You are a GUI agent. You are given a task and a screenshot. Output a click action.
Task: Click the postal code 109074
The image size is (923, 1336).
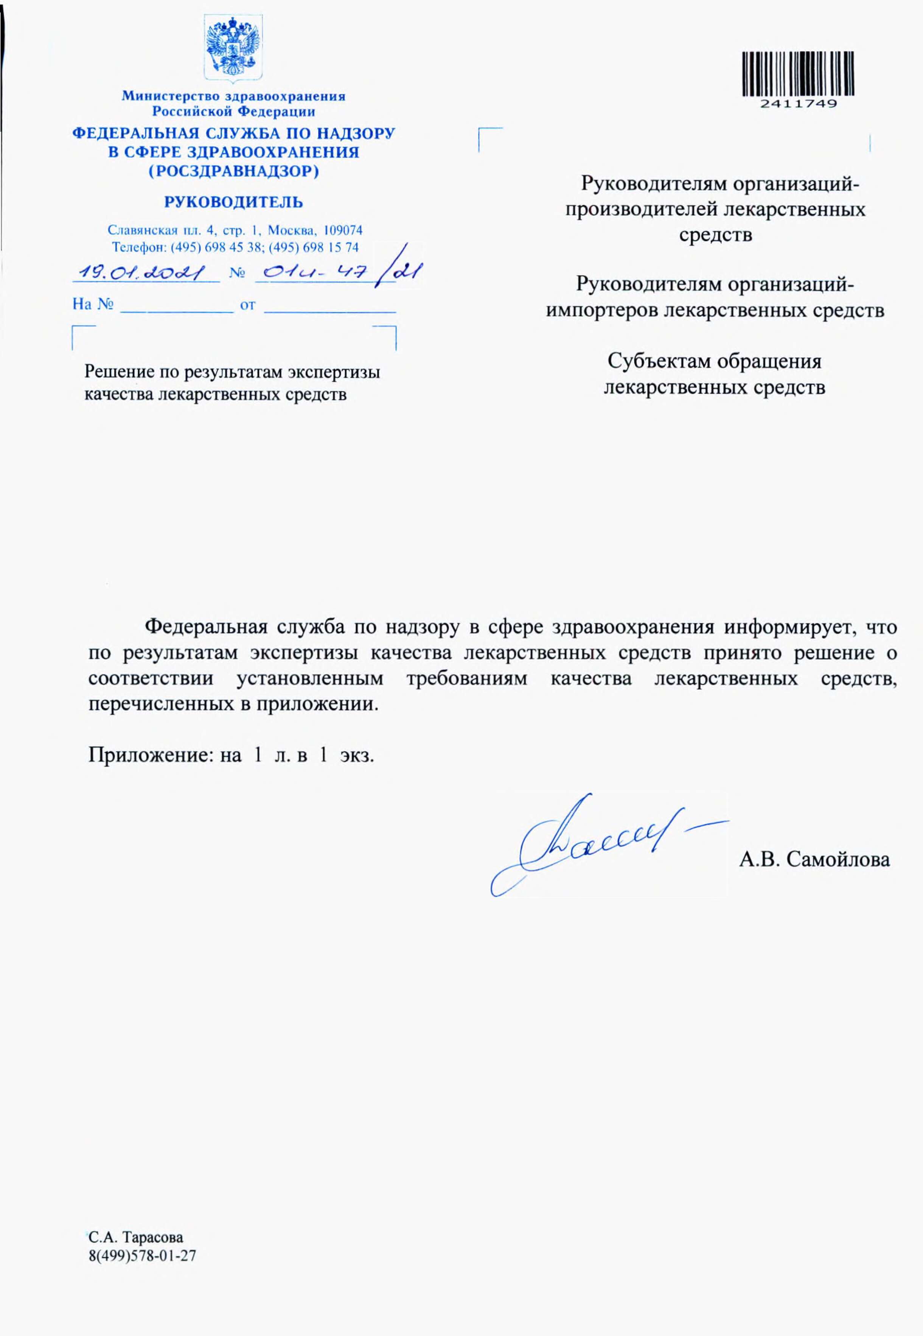343,230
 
